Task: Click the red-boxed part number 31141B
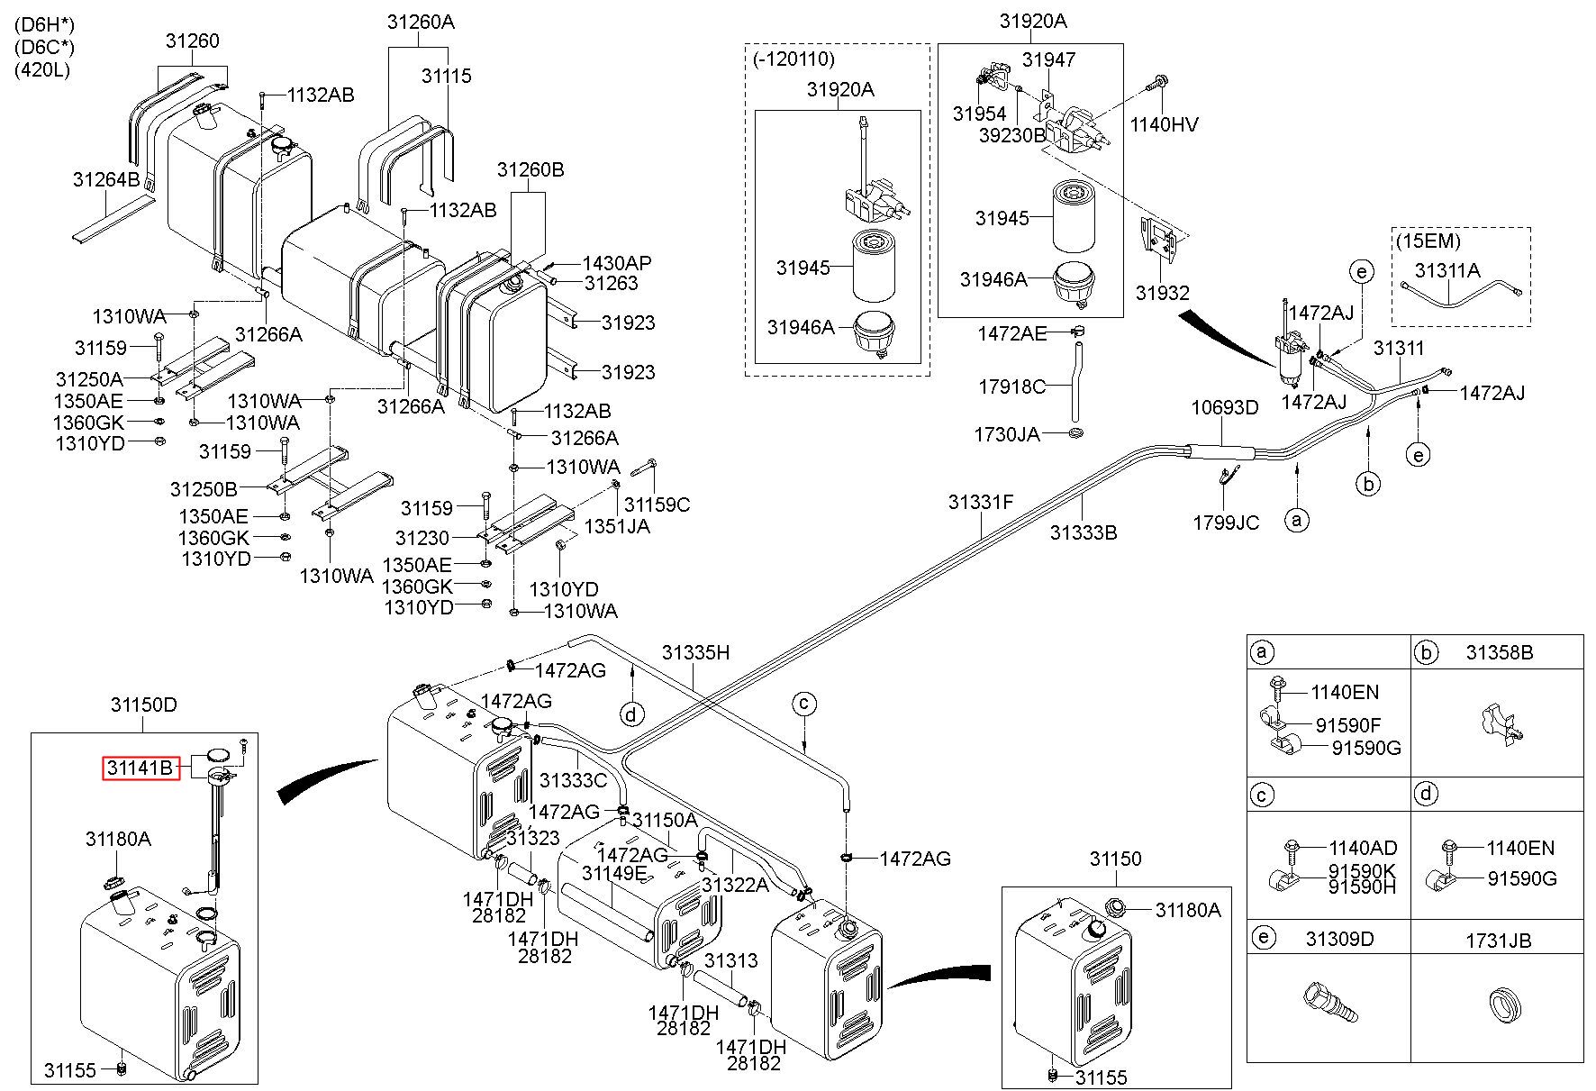coord(139,768)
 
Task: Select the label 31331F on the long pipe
coord(980,501)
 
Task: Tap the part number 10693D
coord(1225,407)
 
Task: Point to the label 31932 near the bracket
coord(1162,293)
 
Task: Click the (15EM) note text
coord(1428,241)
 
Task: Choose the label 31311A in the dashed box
coord(1447,269)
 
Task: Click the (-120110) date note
coord(793,59)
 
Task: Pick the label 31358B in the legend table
coord(1499,652)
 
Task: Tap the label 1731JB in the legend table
coord(1498,941)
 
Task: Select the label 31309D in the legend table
coord(1340,939)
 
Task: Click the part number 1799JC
coord(1226,523)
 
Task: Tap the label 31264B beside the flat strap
coord(106,179)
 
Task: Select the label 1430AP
coord(617,263)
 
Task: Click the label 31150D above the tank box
coord(144,705)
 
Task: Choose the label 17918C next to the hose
coord(1012,386)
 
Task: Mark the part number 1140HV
coord(1165,124)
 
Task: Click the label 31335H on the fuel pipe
coord(695,652)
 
